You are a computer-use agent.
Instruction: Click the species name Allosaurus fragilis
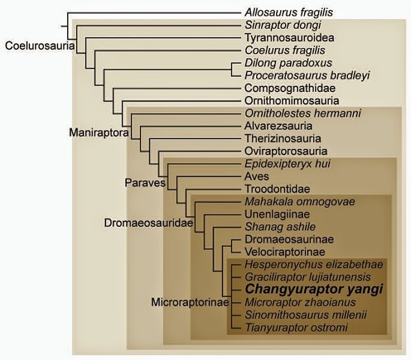tap(288, 12)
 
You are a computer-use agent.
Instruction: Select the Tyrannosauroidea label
tap(289, 38)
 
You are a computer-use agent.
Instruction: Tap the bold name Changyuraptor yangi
tap(314, 289)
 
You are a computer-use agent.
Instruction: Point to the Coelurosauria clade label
tap(40, 46)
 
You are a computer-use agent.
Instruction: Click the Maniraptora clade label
tap(99, 132)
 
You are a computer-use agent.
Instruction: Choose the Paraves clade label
tap(145, 182)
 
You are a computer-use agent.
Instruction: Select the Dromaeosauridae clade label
tap(149, 223)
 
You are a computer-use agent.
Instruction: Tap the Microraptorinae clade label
tap(190, 302)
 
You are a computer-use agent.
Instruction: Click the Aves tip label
tap(257, 176)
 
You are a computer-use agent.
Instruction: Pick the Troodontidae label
tap(277, 189)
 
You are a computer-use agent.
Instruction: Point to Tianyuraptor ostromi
tap(296, 328)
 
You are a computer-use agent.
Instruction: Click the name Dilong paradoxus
tap(288, 63)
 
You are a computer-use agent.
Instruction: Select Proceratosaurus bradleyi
tap(307, 75)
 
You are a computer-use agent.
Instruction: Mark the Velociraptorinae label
tap(285, 252)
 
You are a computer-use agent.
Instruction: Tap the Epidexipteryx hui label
tap(288, 164)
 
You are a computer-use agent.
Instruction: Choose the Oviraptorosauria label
tap(286, 151)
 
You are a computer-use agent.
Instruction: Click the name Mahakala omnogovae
tap(300, 202)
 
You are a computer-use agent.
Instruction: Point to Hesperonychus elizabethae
tap(314, 265)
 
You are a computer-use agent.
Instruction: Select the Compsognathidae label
tap(290, 88)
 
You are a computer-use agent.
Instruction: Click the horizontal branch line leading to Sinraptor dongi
tap(158, 26)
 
